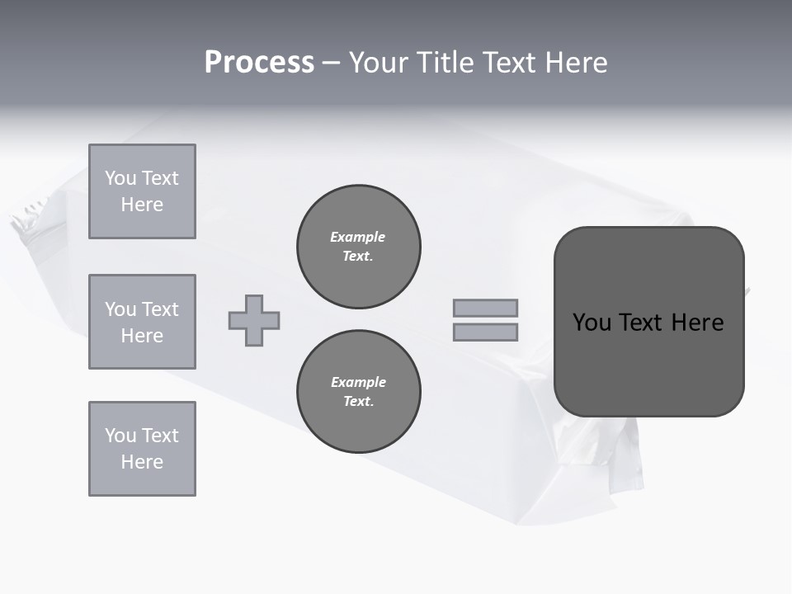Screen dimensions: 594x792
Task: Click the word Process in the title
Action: click(259, 63)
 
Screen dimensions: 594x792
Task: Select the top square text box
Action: click(142, 191)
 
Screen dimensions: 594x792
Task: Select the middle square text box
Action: click(142, 322)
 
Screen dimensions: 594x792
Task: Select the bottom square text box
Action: click(142, 449)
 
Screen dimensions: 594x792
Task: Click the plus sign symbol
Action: click(254, 320)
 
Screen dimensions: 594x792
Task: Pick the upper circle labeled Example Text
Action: click(359, 247)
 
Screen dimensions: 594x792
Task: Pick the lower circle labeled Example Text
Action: click(359, 392)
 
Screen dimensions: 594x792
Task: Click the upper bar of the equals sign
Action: click(485, 308)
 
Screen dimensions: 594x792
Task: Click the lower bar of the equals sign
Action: click(485, 332)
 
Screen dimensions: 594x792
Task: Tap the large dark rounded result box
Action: click(648, 363)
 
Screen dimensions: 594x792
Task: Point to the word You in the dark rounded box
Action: click(592, 323)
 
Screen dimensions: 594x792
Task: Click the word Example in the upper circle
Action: click(358, 237)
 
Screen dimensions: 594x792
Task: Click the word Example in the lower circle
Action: click(358, 382)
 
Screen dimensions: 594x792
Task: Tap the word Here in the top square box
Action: click(142, 205)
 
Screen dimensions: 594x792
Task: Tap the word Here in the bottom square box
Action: click(142, 462)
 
